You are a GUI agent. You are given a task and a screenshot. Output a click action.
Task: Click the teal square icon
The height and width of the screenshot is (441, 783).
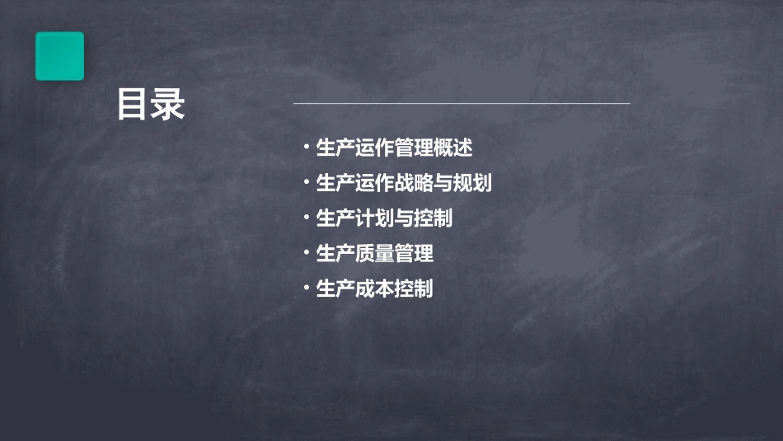pyautogui.click(x=59, y=56)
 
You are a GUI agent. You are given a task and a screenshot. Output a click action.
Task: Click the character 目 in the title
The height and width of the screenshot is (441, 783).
pyautogui.click(x=133, y=105)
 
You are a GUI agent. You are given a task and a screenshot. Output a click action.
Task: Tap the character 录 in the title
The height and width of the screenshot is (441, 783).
pyautogui.click(x=169, y=105)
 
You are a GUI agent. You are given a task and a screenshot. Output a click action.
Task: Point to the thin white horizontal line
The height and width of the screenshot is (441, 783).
pyautogui.click(x=462, y=104)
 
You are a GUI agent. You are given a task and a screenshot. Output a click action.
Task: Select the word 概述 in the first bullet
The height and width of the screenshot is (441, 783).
pyautogui.click(x=453, y=148)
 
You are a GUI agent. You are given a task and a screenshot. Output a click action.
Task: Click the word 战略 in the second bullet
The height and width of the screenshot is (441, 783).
pyautogui.click(x=414, y=183)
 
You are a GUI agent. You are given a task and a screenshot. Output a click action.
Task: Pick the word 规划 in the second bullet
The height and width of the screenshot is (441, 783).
pyautogui.click(x=472, y=183)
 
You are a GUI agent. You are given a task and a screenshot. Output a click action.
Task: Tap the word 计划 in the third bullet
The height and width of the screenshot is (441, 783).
pyautogui.click(x=375, y=218)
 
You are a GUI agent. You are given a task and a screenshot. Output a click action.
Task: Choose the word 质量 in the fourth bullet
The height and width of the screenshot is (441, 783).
pyautogui.click(x=375, y=254)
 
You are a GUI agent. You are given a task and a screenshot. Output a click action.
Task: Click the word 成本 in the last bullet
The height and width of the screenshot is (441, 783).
pyautogui.click(x=375, y=289)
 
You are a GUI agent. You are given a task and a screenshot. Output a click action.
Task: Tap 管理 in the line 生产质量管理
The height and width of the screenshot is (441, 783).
pyautogui.click(x=414, y=254)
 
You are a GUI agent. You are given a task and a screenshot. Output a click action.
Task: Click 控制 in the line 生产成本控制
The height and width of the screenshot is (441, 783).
pyautogui.click(x=414, y=289)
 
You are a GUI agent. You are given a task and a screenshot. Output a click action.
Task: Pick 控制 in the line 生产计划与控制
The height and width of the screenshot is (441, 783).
pyautogui.click(x=434, y=218)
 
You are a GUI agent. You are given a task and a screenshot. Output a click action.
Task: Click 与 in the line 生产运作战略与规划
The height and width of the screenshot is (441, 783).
pyautogui.click(x=443, y=183)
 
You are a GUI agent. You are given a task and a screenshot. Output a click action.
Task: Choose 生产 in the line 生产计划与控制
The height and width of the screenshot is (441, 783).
pyautogui.click(x=335, y=218)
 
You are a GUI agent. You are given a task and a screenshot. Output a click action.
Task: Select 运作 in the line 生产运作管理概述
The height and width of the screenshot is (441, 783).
pyautogui.click(x=375, y=148)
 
